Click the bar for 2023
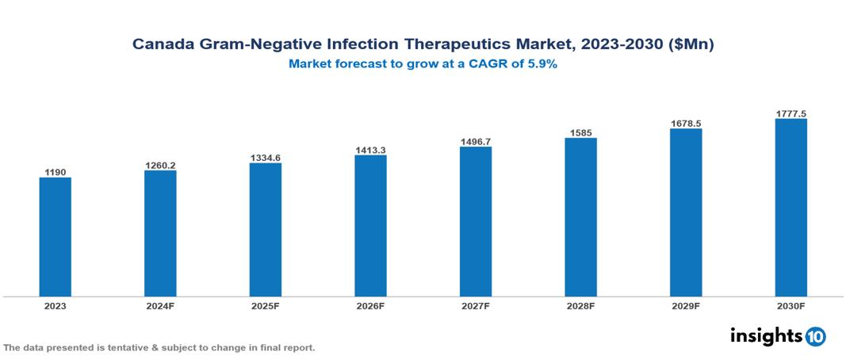[56, 236]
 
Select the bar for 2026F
[370, 225]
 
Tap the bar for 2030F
[790, 207]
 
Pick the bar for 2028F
[580, 216]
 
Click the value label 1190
[56, 171]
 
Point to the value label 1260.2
[160, 165]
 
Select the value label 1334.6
[265, 158]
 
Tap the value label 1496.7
[475, 141]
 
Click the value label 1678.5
[686, 123]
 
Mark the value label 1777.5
[790, 114]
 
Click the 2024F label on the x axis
[160, 306]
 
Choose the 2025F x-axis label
[265, 306]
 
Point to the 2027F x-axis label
[475, 306]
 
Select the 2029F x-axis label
[686, 306]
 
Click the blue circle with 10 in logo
[815, 336]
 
